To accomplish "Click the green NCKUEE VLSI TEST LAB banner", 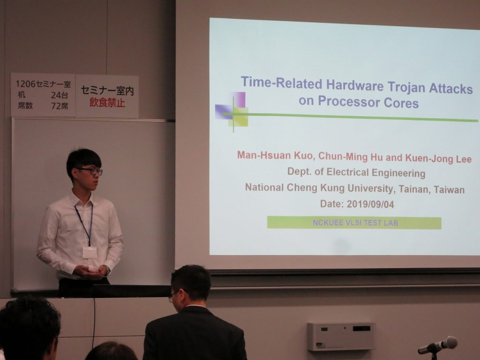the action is pyautogui.click(x=354, y=223).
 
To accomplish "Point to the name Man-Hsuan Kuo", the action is pyautogui.click(x=275, y=156).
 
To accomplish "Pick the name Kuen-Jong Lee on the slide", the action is pyautogui.click(x=438, y=158).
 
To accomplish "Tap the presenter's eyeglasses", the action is pyautogui.click(x=90, y=171).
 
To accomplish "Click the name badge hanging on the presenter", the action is pyautogui.click(x=90, y=253).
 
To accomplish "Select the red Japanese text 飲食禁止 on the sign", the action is pyautogui.click(x=107, y=103).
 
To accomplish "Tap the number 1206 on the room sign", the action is pyautogui.click(x=25, y=84).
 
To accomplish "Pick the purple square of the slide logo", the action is pyautogui.click(x=239, y=99).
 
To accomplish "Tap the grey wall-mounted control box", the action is pyautogui.click(x=341, y=336).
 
